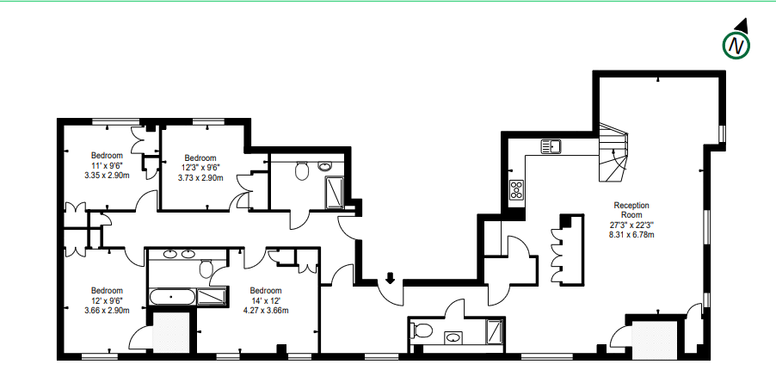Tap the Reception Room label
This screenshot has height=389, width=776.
[631, 210]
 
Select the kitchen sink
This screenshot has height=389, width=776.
[551, 146]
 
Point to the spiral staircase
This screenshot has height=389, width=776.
[613, 152]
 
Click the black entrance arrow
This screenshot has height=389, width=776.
[390, 278]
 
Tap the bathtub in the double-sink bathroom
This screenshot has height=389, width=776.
[171, 297]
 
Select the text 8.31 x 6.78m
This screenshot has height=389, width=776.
[631, 235]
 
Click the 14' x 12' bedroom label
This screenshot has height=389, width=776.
[266, 300]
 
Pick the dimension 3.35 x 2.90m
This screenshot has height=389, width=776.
[107, 176]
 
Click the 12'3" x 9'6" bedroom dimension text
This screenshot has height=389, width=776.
[200, 168]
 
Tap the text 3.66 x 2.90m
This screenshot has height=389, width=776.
[107, 311]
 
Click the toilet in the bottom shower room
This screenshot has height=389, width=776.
[422, 330]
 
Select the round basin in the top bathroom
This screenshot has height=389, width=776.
[324, 166]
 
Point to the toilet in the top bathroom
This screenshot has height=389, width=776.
[302, 170]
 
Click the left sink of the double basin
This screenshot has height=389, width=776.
[170, 255]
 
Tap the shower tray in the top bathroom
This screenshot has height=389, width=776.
[335, 193]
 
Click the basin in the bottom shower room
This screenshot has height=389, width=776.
[453, 338]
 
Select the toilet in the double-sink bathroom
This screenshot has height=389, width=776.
[206, 269]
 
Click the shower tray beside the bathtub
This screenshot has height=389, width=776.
[212, 297]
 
